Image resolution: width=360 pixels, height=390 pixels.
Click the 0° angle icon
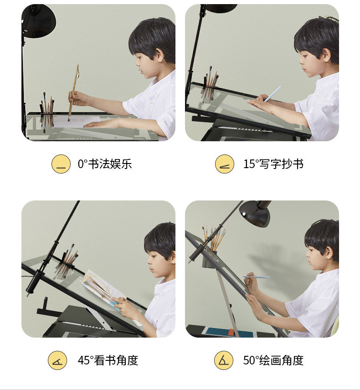click(61, 164)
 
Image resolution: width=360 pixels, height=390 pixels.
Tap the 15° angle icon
click(224, 164)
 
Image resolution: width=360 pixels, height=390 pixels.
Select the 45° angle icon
click(57, 360)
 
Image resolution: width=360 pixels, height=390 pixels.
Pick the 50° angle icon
click(224, 360)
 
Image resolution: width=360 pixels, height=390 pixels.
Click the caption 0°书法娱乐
click(105, 164)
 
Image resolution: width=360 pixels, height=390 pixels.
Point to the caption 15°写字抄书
click(273, 164)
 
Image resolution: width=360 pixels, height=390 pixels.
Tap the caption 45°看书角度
click(108, 360)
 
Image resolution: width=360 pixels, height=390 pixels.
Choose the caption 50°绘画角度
click(273, 360)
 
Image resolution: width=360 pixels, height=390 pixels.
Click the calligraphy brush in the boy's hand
click(74, 92)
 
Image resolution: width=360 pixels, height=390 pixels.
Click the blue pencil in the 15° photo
click(272, 94)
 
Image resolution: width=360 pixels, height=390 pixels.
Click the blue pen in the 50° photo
click(256, 277)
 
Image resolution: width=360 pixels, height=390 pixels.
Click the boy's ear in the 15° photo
click(326, 56)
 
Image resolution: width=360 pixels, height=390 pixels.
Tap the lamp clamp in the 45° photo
click(35, 281)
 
